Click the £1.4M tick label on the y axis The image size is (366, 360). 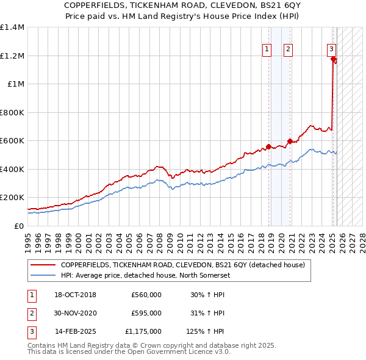[12, 27]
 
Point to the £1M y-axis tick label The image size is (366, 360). [15, 84]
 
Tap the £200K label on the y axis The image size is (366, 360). [12, 198]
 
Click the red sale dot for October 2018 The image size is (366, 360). [268, 146]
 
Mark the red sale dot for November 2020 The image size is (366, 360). [290, 142]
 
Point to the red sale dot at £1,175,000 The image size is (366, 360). [333, 59]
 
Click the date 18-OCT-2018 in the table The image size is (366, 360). [76, 295]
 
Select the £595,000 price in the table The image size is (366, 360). [146, 313]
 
